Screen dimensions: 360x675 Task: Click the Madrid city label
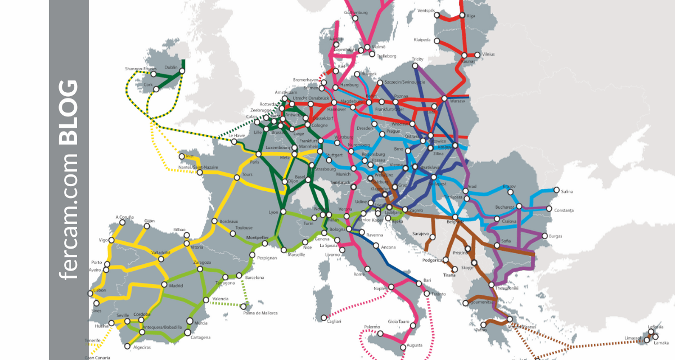point(176,285)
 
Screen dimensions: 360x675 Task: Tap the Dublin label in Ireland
point(171,67)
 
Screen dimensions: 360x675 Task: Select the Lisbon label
point(99,290)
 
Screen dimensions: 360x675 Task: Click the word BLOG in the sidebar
point(69,112)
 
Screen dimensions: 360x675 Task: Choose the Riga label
point(471,16)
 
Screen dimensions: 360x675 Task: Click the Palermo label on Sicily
point(371,327)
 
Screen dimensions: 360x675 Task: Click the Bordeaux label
point(229,222)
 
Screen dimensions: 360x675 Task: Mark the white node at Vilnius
point(477,55)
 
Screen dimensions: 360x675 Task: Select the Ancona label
point(388,246)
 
